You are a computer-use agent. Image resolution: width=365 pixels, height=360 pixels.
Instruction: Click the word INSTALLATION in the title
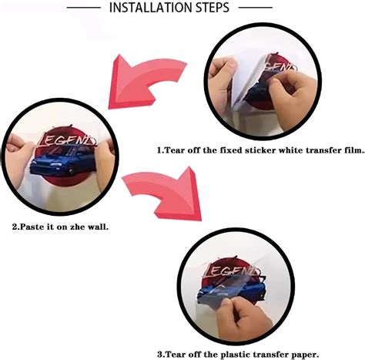point(152,8)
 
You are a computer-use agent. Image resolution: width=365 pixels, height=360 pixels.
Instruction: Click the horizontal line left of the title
point(84,8)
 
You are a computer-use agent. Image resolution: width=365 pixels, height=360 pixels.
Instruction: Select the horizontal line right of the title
point(256,8)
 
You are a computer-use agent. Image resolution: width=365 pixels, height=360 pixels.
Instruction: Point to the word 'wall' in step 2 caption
point(98,227)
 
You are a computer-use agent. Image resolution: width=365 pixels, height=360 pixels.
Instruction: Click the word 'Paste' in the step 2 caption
point(31,227)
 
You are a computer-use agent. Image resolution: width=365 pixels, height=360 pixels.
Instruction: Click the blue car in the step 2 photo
point(63,162)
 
